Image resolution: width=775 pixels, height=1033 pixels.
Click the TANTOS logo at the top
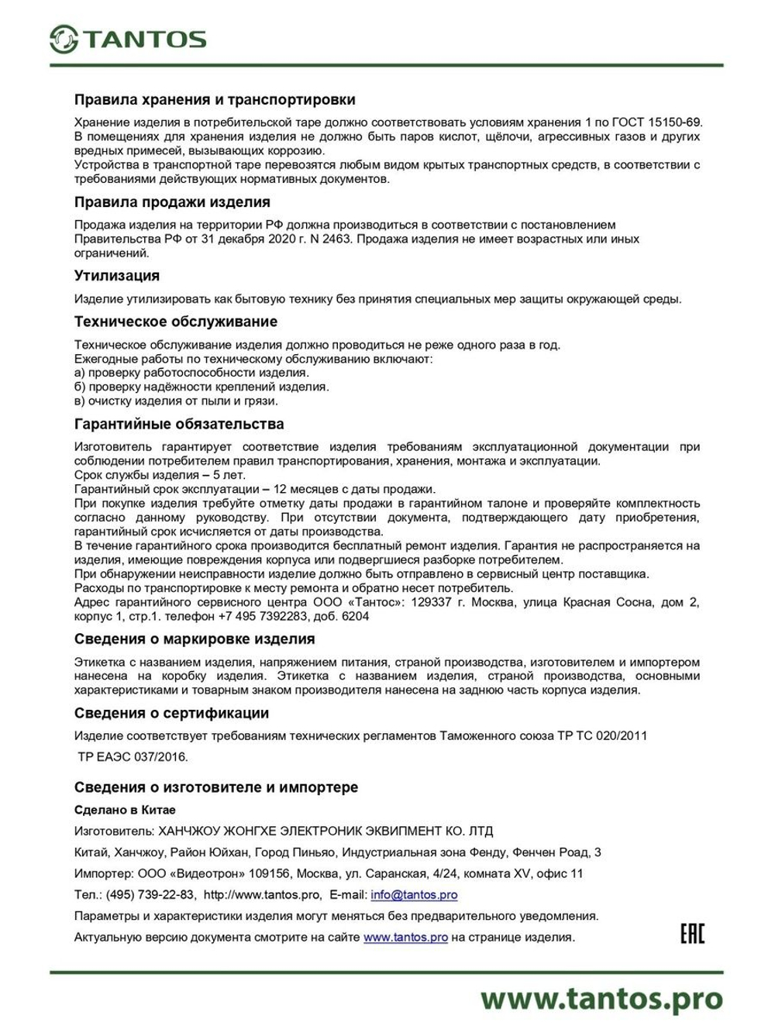tap(128, 39)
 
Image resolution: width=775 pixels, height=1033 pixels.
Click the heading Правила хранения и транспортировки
tap(215, 99)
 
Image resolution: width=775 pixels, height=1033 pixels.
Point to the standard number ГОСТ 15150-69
tap(657, 122)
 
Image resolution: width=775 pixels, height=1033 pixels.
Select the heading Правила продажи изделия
tap(172, 202)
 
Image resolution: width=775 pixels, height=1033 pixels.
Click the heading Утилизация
tap(117, 276)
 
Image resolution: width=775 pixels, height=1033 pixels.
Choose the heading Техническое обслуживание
tap(176, 322)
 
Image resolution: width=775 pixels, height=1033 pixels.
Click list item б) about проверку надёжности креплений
tap(201, 387)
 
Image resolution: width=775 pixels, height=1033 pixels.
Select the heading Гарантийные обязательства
tap(179, 424)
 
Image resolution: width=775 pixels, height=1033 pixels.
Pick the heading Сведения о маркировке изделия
tap(195, 639)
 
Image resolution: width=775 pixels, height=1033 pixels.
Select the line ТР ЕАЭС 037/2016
tap(133, 756)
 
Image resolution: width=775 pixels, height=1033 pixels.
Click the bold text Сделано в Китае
tap(125, 810)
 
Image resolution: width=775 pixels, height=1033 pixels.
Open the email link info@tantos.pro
tap(414, 894)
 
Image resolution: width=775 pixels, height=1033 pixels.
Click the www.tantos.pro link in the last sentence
tap(405, 937)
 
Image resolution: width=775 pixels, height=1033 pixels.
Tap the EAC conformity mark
tap(692, 934)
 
